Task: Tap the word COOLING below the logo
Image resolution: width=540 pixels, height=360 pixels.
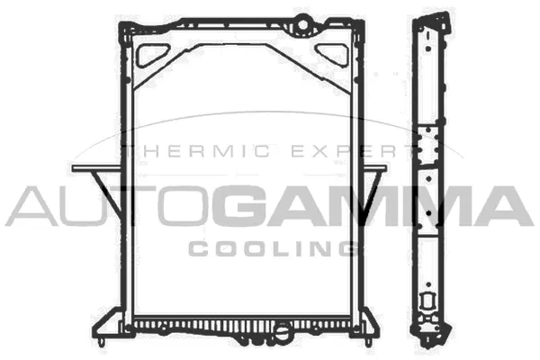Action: [269, 246]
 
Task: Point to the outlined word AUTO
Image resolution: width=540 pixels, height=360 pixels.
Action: [112, 205]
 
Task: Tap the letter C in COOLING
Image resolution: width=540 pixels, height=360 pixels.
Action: [200, 246]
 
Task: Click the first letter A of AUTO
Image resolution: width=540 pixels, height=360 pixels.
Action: [32, 205]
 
